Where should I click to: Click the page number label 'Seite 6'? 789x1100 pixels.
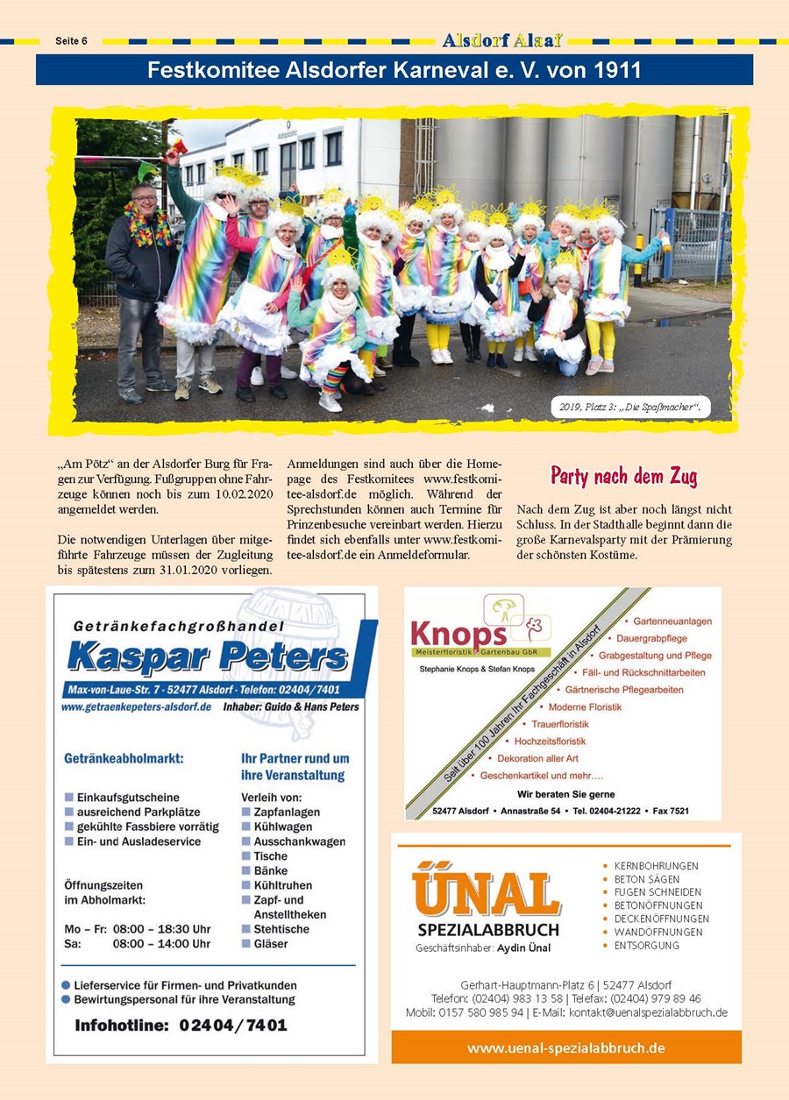point(73,40)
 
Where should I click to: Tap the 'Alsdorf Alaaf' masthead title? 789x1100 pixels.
point(502,40)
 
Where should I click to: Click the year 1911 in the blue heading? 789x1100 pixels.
point(615,70)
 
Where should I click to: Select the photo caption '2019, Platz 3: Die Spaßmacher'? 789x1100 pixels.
point(630,407)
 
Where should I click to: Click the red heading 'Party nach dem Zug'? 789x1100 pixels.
point(623,476)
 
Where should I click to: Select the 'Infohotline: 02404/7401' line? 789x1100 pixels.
point(181,1024)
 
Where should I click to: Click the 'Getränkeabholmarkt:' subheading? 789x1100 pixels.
point(124,758)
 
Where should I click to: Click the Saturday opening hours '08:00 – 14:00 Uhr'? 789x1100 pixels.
point(161,944)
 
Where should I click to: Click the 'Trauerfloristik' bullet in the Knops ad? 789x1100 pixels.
point(560,724)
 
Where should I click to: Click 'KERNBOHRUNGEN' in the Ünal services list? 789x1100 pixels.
point(657,866)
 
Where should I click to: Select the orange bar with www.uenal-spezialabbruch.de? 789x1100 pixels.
point(565,1047)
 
